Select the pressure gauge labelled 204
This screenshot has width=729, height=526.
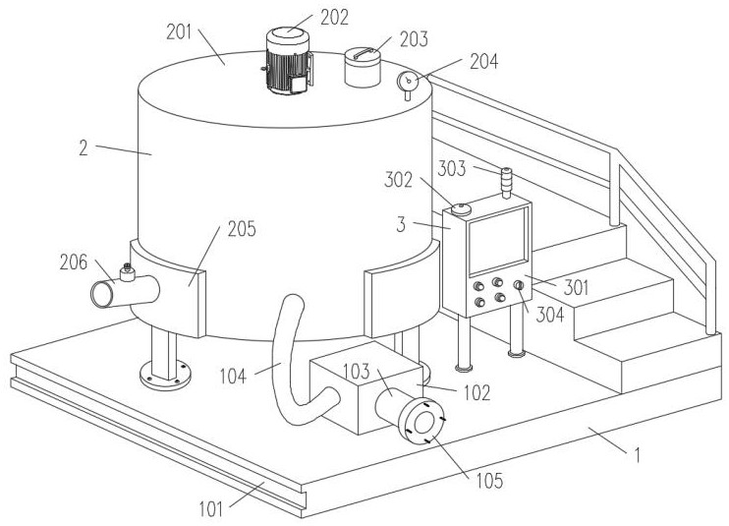(x=410, y=83)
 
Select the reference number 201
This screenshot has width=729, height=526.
(x=180, y=30)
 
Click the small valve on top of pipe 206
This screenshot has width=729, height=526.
(x=126, y=272)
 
